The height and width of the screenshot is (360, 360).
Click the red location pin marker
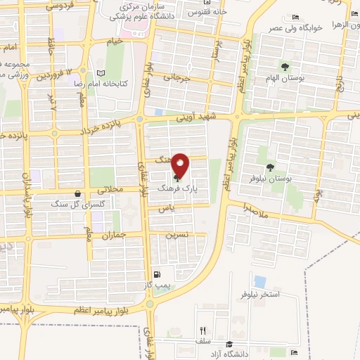[x=181, y=165]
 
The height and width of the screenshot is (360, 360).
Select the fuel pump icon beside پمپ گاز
[x=155, y=275]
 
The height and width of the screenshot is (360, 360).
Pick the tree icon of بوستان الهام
[x=285, y=67]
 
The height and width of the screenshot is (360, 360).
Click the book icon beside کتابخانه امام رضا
[x=101, y=72]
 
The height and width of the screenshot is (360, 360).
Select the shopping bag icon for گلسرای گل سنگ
[x=77, y=194]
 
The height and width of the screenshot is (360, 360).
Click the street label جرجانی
[x=178, y=79]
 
